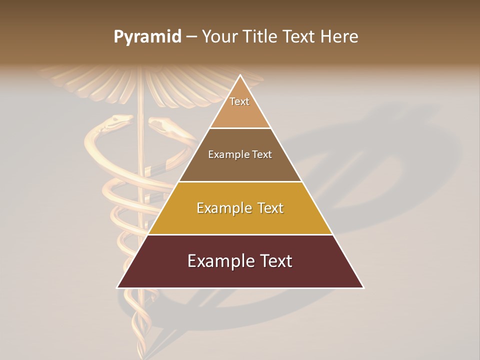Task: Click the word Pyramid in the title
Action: pyautogui.click(x=147, y=37)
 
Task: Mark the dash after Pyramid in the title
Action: pyautogui.click(x=191, y=37)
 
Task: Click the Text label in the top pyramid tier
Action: pyautogui.click(x=239, y=101)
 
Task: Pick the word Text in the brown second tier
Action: pyautogui.click(x=261, y=155)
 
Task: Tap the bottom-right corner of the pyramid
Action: pyautogui.click(x=363, y=287)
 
